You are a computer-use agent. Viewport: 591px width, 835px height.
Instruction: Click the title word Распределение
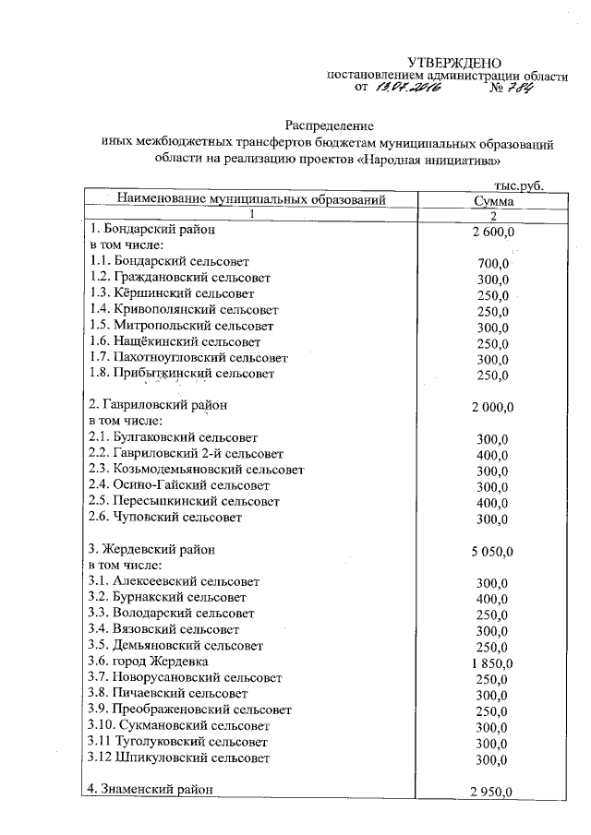click(328, 125)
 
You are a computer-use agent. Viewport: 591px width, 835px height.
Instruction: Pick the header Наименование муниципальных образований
click(249, 198)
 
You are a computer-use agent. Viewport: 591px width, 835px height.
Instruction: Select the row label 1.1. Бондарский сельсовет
click(170, 261)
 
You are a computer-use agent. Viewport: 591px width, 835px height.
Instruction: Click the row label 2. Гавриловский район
click(156, 404)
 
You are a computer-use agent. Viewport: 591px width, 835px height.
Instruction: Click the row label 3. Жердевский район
click(152, 549)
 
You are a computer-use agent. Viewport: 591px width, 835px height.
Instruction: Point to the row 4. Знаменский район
click(150, 789)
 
